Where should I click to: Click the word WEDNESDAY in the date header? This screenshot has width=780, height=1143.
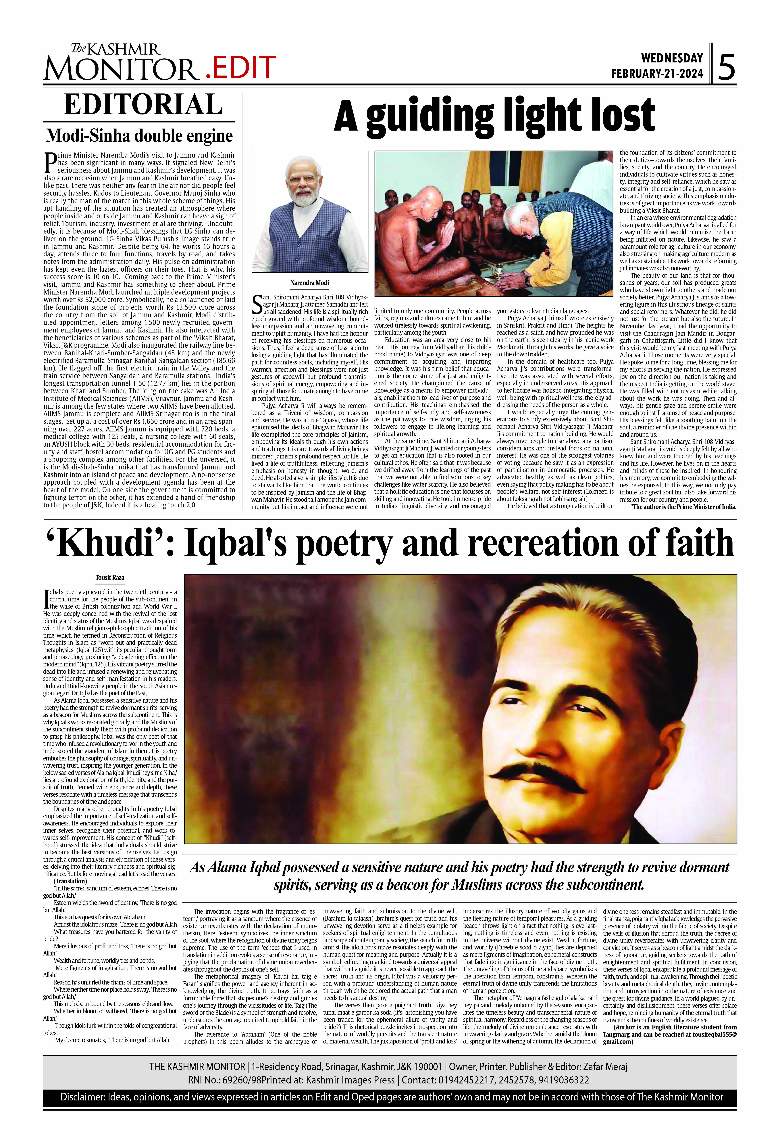coord(672,58)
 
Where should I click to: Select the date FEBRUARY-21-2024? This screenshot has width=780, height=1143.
coord(657,74)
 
